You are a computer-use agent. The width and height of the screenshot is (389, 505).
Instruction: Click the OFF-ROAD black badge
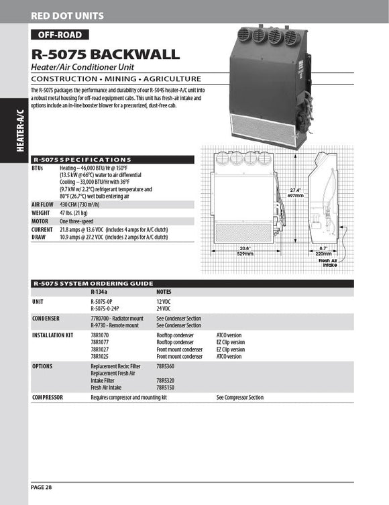[60, 35]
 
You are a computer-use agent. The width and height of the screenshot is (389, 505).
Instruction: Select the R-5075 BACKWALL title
[105, 54]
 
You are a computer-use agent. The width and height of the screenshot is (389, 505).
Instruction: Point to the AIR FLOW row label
[42, 204]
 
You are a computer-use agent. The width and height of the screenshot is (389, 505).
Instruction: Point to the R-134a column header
[99, 292]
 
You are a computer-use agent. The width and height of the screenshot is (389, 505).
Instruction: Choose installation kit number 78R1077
[99, 342]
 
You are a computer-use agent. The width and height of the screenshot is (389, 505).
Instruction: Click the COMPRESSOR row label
[48, 398]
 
